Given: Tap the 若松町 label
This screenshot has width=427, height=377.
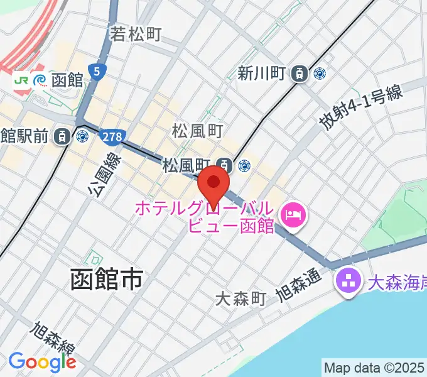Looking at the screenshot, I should tap(136, 34).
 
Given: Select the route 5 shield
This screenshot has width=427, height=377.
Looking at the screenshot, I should tap(97, 72).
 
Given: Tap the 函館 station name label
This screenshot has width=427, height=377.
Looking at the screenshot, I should tap(67, 80).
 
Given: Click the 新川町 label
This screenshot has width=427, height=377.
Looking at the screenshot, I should tap(262, 74).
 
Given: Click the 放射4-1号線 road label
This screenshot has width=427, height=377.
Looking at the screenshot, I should tap(360, 107).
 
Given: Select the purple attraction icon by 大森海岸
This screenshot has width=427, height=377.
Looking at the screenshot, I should tap(347, 280).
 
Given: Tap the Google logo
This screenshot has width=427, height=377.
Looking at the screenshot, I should tap(42, 361).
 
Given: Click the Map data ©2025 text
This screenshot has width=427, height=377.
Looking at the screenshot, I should tap(374, 367).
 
